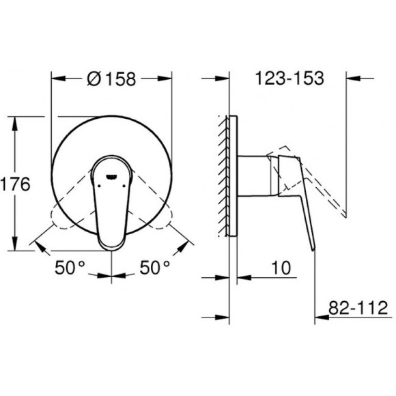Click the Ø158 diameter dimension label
[111, 78]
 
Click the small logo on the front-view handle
[111, 174]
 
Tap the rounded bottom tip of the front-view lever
[111, 242]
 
